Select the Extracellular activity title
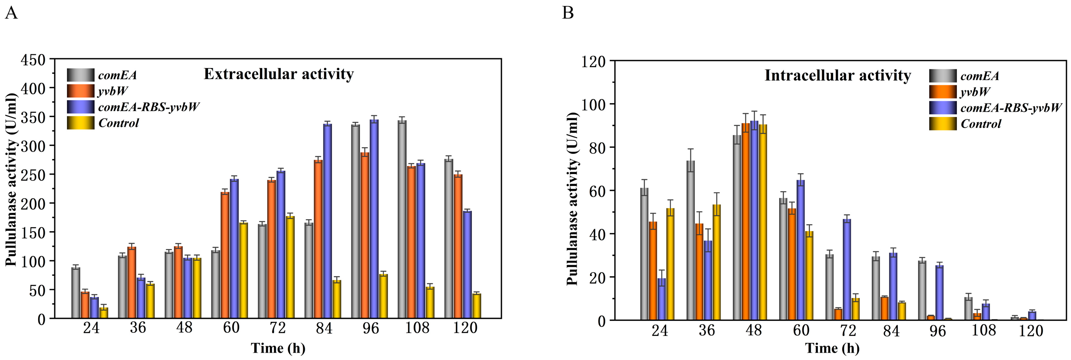279,74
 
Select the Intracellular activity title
837,75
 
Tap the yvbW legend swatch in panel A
80,91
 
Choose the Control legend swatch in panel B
943,124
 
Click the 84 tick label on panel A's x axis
324,328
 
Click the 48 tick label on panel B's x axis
753,331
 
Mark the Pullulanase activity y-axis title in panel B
573,199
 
